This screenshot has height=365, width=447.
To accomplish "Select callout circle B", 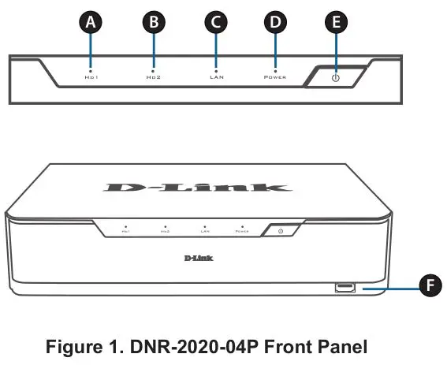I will pyautogui.click(x=154, y=22).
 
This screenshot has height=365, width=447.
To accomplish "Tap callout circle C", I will pyautogui.click(x=215, y=22).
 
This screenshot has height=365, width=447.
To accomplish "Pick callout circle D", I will pyautogui.click(x=275, y=22).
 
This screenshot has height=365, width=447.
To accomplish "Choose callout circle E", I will pyautogui.click(x=337, y=22).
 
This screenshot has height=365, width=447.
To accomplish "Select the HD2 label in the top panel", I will pyautogui.click(x=153, y=79).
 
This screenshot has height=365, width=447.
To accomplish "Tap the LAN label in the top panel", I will pyautogui.click(x=215, y=79).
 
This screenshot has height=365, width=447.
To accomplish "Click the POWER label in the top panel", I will pyautogui.click(x=275, y=79).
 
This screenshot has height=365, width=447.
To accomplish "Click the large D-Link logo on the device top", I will pyautogui.click(x=197, y=188).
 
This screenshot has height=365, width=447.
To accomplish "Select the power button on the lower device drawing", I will pyautogui.click(x=282, y=230).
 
